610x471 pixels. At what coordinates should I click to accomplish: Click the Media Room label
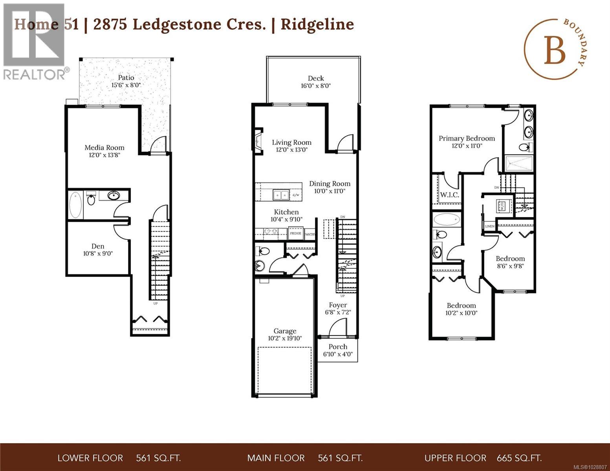pyautogui.click(x=104, y=148)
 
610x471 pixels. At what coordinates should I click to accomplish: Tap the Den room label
pyautogui.click(x=98, y=246)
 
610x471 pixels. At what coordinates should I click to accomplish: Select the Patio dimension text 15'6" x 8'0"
pyautogui.click(x=126, y=85)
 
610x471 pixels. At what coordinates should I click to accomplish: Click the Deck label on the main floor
pyautogui.click(x=316, y=78)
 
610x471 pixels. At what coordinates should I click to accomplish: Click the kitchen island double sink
pyautogui.click(x=281, y=195)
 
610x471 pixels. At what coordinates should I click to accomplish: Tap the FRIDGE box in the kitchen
pyautogui.click(x=295, y=234)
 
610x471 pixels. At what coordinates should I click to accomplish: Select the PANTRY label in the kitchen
pyautogui.click(x=310, y=234)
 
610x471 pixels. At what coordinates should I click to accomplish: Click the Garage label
pyautogui.click(x=285, y=331)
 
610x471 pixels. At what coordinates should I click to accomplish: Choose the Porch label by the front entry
pyautogui.click(x=338, y=347)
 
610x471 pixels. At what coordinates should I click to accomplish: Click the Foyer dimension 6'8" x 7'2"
pyautogui.click(x=338, y=312)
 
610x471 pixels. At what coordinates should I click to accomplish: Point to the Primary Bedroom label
pyautogui.click(x=467, y=138)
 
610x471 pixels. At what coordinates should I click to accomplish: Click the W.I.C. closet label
pyautogui.click(x=449, y=195)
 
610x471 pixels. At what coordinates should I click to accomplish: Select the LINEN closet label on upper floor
pyautogui.click(x=489, y=226)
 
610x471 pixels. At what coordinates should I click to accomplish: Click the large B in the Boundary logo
pyautogui.click(x=554, y=51)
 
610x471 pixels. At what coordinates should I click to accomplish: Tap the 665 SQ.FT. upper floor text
pyautogui.click(x=519, y=458)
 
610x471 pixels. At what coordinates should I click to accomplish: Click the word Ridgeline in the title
pyautogui.click(x=317, y=24)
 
